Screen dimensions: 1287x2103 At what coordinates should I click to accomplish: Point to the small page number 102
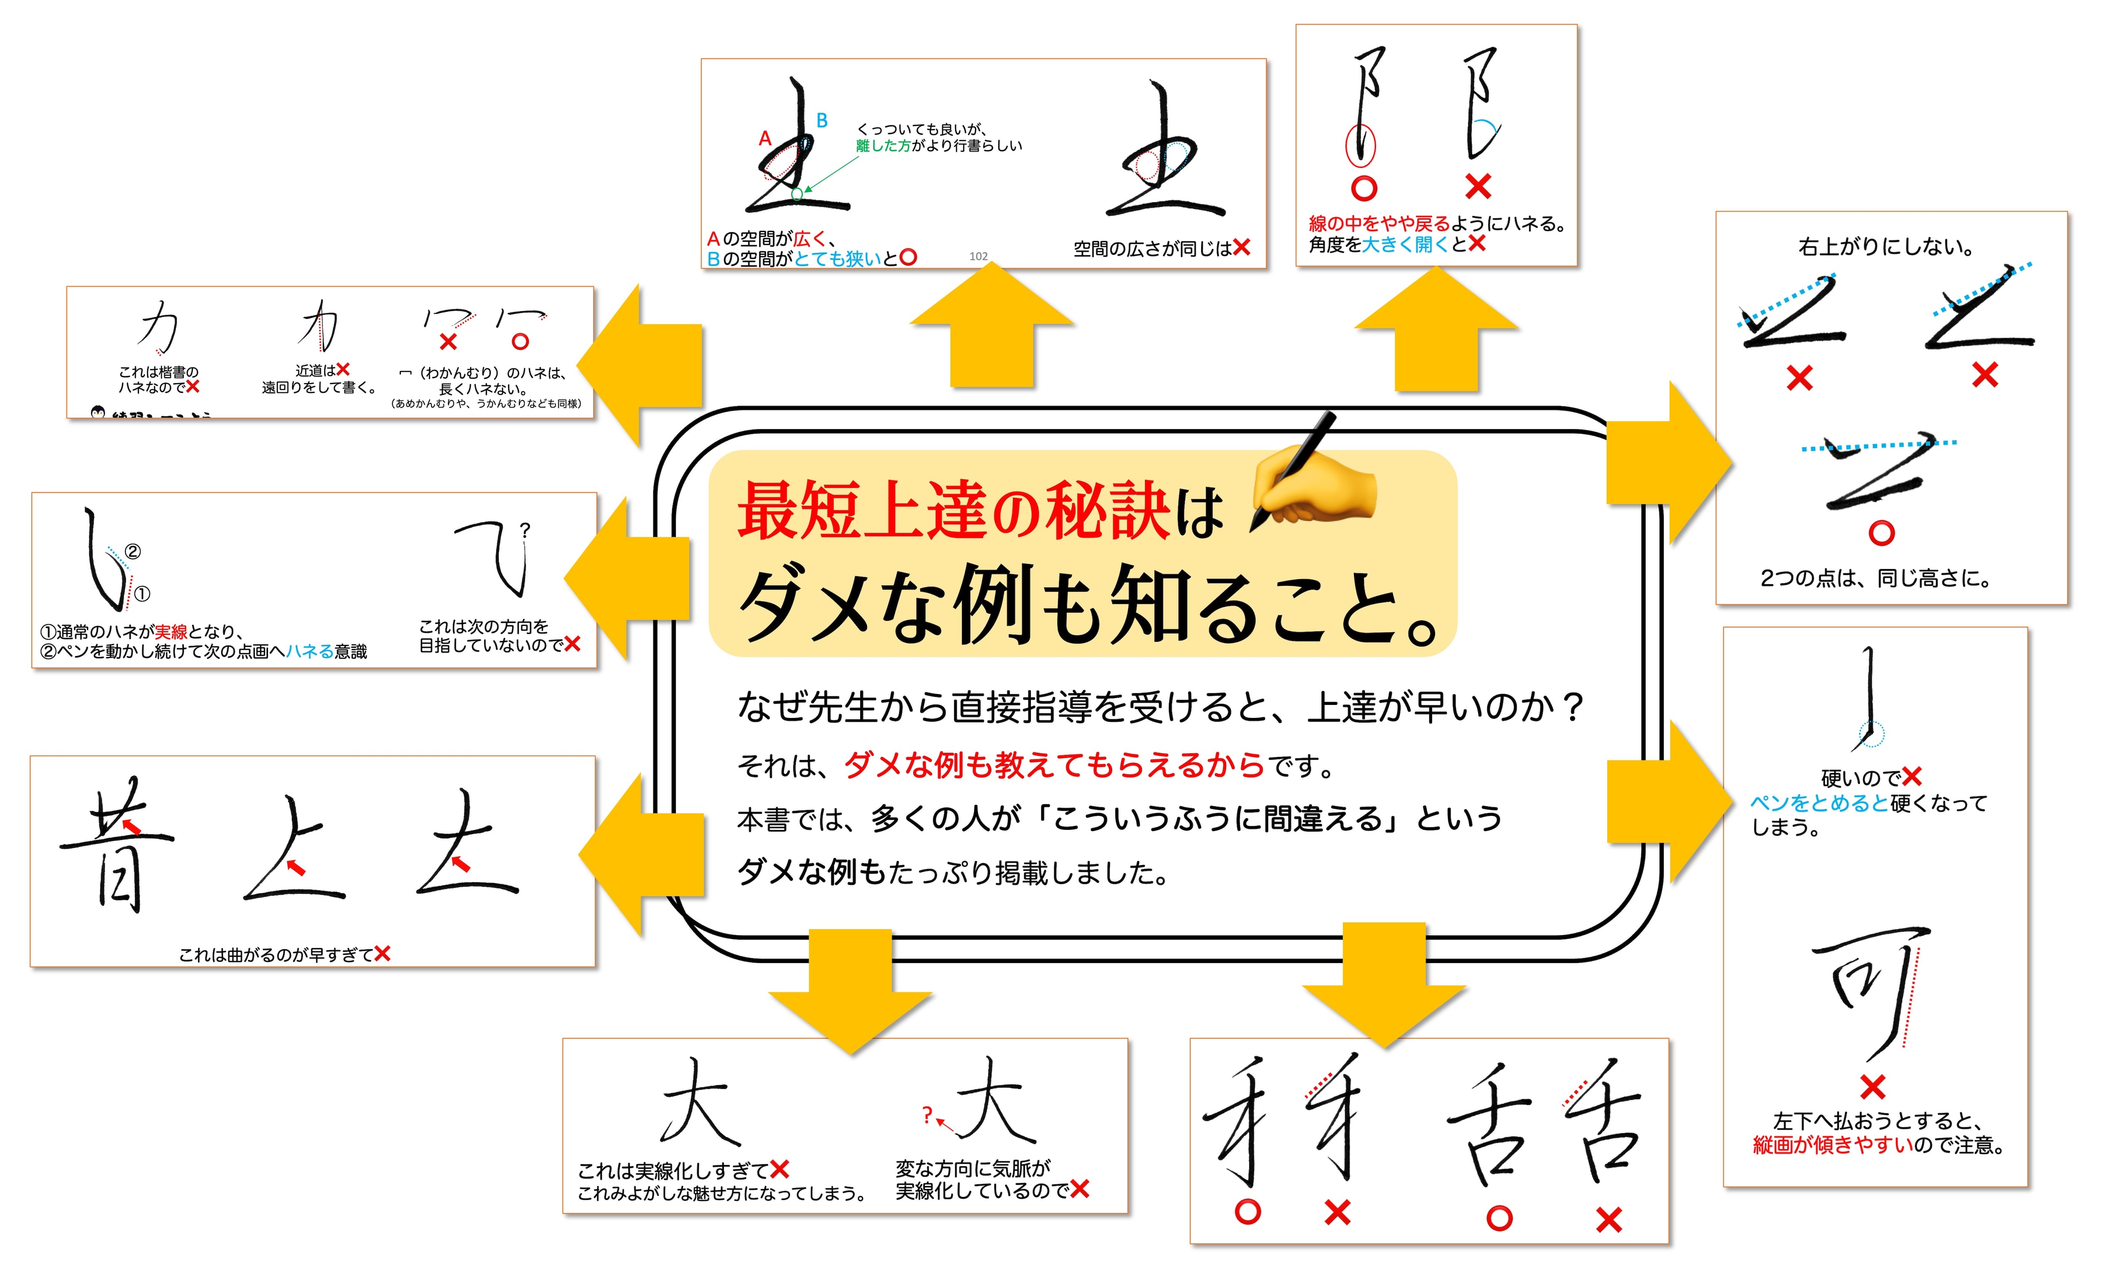click(978, 256)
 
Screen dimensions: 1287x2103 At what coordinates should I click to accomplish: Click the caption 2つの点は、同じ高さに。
click(1875, 579)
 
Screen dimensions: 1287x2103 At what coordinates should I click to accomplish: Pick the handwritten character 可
click(1869, 990)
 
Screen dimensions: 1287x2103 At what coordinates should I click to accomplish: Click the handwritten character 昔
click(115, 845)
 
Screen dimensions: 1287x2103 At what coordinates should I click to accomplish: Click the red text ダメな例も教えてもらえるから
click(1054, 765)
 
